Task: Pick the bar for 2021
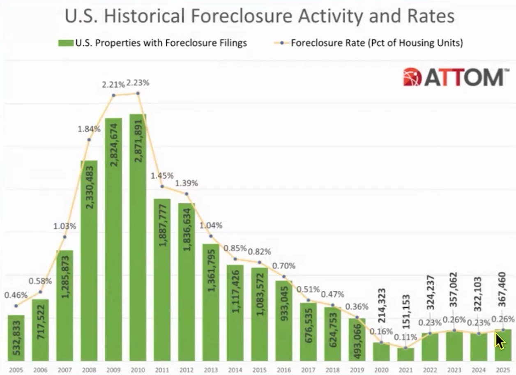click(x=405, y=354)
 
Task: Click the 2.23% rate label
click(x=138, y=83)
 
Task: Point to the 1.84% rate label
click(x=89, y=129)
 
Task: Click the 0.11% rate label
click(x=405, y=337)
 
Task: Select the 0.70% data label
click(x=284, y=266)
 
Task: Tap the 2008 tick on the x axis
click(x=89, y=370)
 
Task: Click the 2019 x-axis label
click(x=357, y=370)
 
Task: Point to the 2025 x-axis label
click(x=503, y=370)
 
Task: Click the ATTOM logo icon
click(x=412, y=77)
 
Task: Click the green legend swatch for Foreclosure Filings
click(x=65, y=43)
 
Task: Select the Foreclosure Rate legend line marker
click(x=281, y=43)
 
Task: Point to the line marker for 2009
click(x=113, y=95)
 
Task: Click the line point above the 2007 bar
click(x=65, y=237)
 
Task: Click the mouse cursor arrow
click(x=500, y=341)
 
